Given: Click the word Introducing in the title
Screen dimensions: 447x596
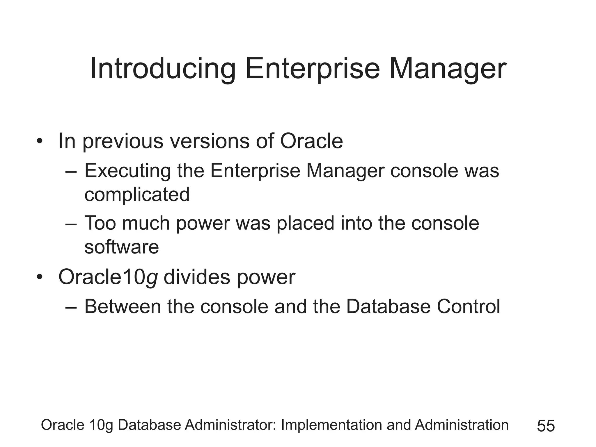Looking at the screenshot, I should [162, 69].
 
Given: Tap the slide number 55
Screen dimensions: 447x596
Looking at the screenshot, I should [546, 426].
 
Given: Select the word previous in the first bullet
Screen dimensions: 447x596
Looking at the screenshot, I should [123, 141].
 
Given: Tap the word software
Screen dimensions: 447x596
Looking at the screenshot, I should [121, 247].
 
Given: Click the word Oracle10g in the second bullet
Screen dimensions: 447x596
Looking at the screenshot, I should [108, 277].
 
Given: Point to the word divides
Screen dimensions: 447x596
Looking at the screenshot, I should [197, 277].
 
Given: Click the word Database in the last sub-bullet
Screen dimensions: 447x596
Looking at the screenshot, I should [388, 307].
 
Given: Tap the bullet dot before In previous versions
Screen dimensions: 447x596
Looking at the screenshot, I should [40, 142].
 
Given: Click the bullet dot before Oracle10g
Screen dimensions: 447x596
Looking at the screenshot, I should [40, 278].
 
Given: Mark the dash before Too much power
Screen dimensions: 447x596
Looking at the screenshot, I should [71, 224].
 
